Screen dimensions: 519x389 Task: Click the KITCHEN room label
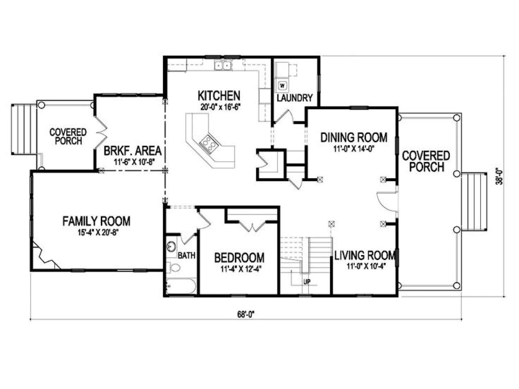tap(219, 96)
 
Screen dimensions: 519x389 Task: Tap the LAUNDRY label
tap(295, 98)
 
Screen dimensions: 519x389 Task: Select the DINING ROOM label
tap(354, 137)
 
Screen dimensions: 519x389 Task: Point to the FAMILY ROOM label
tap(96, 221)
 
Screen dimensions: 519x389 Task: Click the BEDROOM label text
tap(239, 258)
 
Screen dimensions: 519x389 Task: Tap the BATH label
tap(187, 255)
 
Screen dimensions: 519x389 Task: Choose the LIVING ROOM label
tap(365, 255)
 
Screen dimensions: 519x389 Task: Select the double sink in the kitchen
tap(223, 65)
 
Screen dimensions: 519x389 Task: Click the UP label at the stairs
tap(307, 281)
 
